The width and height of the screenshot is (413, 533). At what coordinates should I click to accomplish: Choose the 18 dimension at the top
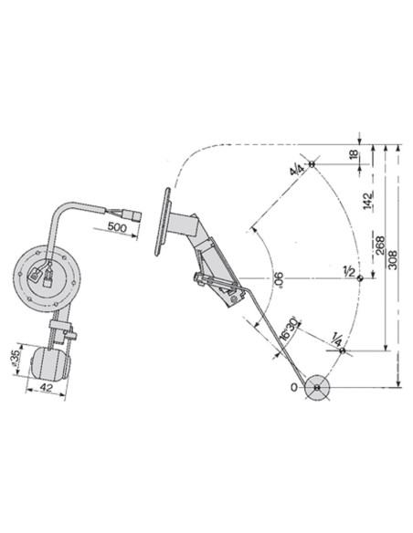(x=354, y=155)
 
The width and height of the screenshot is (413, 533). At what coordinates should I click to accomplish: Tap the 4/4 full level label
(x=295, y=170)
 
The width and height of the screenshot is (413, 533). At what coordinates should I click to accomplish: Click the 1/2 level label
(x=347, y=272)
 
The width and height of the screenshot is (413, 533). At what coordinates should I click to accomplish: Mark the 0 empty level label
(x=293, y=388)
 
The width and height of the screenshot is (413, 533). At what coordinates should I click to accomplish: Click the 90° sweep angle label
(x=279, y=280)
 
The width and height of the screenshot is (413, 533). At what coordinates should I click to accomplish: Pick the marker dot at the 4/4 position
(x=312, y=164)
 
